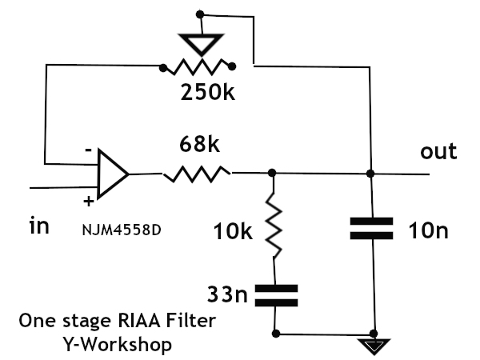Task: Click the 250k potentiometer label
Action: pos(208,92)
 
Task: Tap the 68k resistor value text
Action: pos(199,144)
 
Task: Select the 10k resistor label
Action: pos(233,231)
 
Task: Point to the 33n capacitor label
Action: pos(227,294)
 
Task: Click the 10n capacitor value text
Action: pos(428,230)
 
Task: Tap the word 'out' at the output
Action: pos(438,151)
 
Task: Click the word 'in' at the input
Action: pos(39,226)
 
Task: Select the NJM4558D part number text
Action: pos(122,230)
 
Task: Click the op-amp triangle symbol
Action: pos(113,174)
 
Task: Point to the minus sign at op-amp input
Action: pos(88,150)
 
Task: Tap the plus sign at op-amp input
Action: pos(89,202)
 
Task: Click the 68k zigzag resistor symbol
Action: pos(197,174)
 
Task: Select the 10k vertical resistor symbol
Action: pos(274,226)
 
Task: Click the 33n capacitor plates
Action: pos(276,295)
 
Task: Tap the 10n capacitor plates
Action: pos(372,228)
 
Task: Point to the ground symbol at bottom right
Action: pos(374,346)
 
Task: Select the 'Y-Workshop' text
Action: pos(118,344)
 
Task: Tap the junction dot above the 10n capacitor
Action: pos(370,174)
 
